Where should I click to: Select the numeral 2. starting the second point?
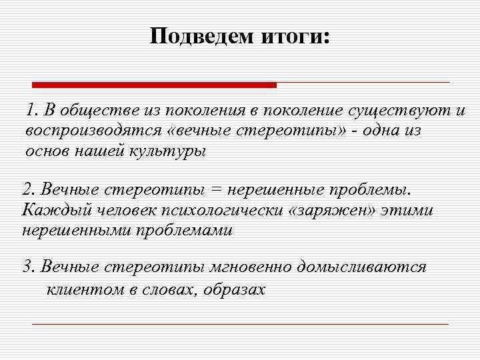point(29,190)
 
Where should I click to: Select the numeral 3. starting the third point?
point(29,268)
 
